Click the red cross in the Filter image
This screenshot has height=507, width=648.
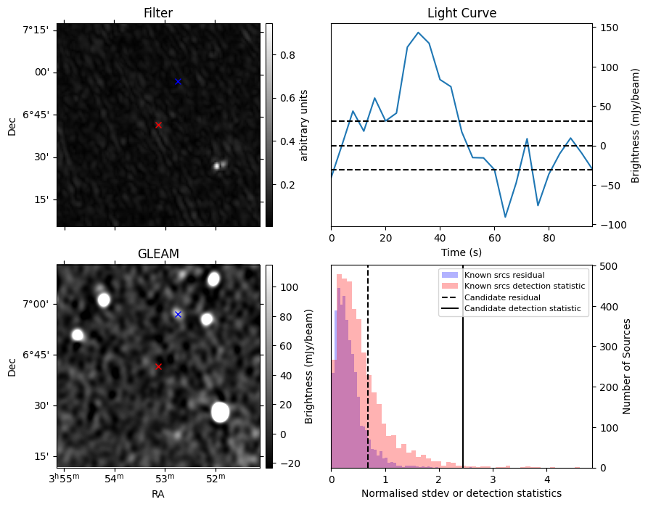click(x=158, y=125)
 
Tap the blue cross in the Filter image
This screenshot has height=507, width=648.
click(x=178, y=81)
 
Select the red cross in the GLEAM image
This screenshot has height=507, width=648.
click(x=158, y=366)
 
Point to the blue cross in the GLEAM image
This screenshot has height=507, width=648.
click(x=178, y=315)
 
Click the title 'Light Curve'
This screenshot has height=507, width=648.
click(x=462, y=13)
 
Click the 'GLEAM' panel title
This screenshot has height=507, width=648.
click(x=158, y=253)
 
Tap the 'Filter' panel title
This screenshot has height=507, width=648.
click(x=158, y=13)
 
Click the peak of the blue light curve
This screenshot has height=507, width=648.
click(x=418, y=32)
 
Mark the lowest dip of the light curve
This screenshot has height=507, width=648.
click(x=505, y=217)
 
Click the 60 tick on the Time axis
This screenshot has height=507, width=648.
click(x=494, y=238)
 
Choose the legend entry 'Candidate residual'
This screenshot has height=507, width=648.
click(x=502, y=297)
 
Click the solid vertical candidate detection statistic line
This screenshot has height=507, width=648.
click(x=463, y=366)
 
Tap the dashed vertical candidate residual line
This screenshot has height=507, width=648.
click(x=368, y=366)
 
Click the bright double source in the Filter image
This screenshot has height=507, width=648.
click(x=220, y=165)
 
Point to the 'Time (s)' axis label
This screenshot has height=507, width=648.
click(x=462, y=252)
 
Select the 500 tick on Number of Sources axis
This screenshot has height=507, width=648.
click(x=606, y=266)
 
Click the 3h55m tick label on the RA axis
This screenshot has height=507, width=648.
click(x=64, y=478)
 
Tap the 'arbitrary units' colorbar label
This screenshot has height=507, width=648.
click(x=304, y=125)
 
